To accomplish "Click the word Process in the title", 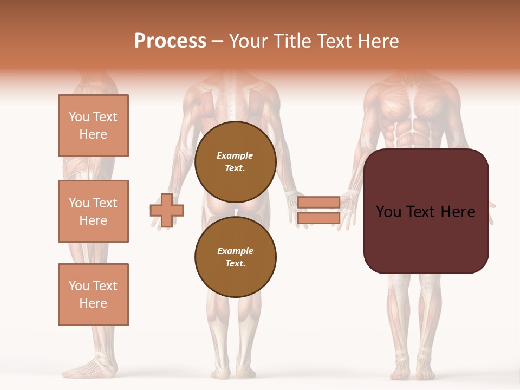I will tap(170, 41).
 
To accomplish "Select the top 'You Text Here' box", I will tap(93, 126).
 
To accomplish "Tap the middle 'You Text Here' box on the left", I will tap(93, 211).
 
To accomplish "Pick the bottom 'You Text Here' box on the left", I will tap(93, 295).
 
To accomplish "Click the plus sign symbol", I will tap(167, 210).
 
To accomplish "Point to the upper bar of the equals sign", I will tap(318, 202).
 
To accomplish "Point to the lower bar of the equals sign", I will tap(318, 218).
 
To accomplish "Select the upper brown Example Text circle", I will tap(235, 162).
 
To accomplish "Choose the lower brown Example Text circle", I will tap(235, 257).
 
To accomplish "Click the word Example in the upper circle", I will tap(235, 155).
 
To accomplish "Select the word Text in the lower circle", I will tap(235, 263).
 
